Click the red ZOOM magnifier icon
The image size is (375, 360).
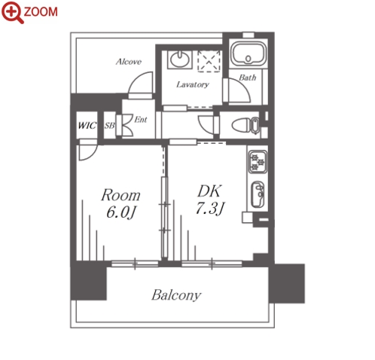point(12,12)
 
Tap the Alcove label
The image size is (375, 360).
point(129,62)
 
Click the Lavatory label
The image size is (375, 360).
point(193,84)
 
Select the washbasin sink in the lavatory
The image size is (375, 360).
point(179,59)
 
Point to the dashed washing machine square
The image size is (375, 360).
point(209,61)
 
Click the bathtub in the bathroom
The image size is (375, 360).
point(248,53)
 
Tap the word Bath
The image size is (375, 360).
point(248,78)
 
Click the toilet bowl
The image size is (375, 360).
point(245,125)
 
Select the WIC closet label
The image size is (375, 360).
point(87,125)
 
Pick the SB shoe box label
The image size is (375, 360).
point(109,125)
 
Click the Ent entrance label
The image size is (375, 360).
point(141,120)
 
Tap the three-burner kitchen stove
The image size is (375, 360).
point(258,162)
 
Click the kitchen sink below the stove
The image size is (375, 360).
point(258,194)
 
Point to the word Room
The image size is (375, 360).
point(120,195)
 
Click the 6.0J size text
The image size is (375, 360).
point(121,213)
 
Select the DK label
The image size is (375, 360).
point(209,191)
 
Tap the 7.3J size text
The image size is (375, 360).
point(209,208)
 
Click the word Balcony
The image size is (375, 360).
point(176,295)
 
